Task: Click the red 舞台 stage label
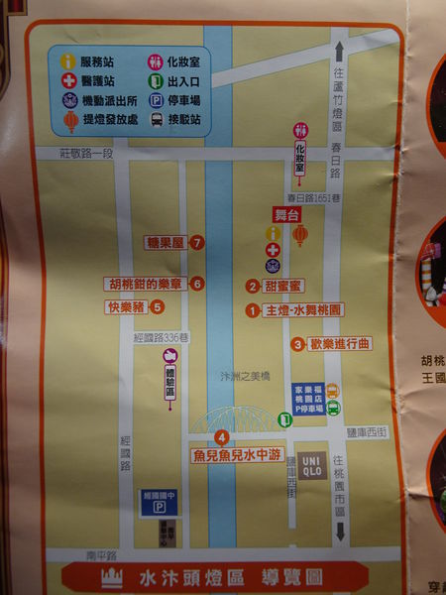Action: [286, 213]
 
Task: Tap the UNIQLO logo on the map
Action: [310, 464]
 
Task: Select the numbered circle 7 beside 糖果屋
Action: [198, 242]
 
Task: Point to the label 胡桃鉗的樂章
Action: [146, 284]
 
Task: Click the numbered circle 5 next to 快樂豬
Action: [157, 306]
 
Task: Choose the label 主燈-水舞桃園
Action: [302, 310]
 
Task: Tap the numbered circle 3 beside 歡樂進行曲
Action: [297, 344]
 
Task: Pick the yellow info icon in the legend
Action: [68, 61]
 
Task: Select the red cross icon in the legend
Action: [68, 81]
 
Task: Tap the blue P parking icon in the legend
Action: [156, 101]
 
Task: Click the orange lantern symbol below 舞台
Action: [300, 235]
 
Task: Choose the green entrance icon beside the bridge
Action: [284, 419]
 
